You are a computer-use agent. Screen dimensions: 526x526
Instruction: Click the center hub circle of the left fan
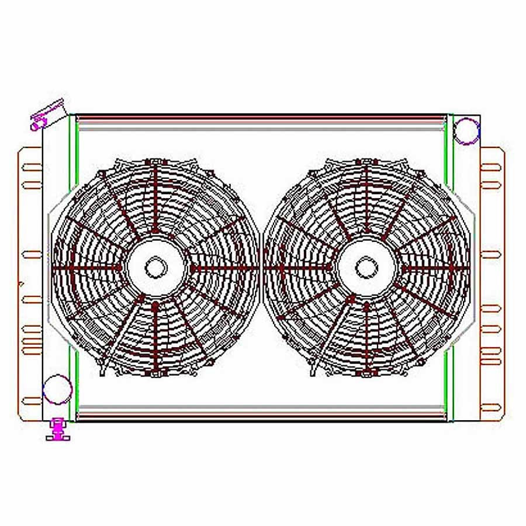[x=155, y=268]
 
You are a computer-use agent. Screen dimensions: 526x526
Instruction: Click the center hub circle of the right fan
[x=366, y=268]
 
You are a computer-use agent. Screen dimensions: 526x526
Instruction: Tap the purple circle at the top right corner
[x=467, y=131]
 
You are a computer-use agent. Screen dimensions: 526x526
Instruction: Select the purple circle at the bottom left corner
[x=58, y=389]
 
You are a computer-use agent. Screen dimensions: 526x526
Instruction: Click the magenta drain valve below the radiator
[x=58, y=430]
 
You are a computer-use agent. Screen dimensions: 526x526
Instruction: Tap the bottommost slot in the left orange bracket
[x=32, y=401]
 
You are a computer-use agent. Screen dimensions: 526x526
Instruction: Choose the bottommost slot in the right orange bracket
[x=491, y=406]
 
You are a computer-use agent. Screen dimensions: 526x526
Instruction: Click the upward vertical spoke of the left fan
[x=155, y=199]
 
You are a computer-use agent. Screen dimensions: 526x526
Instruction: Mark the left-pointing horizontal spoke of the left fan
[x=88, y=268]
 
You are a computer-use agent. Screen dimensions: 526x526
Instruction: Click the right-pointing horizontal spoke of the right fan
[x=435, y=268]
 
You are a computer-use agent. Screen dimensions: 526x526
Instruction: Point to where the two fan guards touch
[x=261, y=268]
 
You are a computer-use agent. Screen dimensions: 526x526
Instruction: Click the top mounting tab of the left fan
[x=155, y=161]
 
